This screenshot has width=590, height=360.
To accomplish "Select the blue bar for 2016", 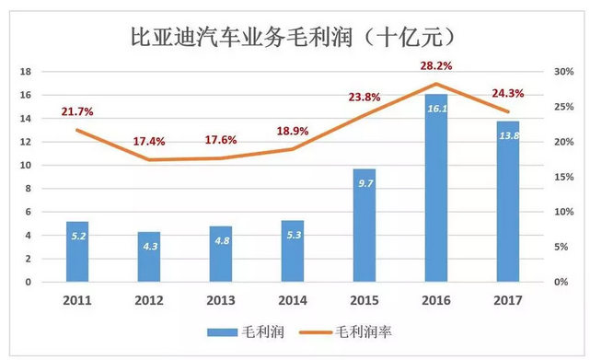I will click(x=435, y=193).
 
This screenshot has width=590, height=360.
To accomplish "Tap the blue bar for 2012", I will click(x=149, y=257).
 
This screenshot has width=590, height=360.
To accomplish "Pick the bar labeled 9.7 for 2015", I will click(x=364, y=226).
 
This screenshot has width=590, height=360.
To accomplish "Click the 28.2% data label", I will click(x=435, y=67).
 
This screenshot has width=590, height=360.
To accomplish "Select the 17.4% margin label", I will click(x=149, y=142).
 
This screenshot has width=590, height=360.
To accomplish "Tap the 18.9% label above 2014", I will click(x=293, y=132).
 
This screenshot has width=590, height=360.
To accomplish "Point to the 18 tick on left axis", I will click(x=27, y=72).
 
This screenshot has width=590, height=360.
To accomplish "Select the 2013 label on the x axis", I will click(x=221, y=299).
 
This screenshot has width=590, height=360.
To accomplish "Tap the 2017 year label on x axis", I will click(x=507, y=299).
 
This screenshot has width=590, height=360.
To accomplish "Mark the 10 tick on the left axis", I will click(x=27, y=165).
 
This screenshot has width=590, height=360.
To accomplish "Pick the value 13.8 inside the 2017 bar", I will click(x=507, y=134).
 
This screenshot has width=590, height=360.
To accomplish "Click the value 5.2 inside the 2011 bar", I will click(x=78, y=235).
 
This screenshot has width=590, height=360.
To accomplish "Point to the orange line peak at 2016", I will click(x=435, y=84).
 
